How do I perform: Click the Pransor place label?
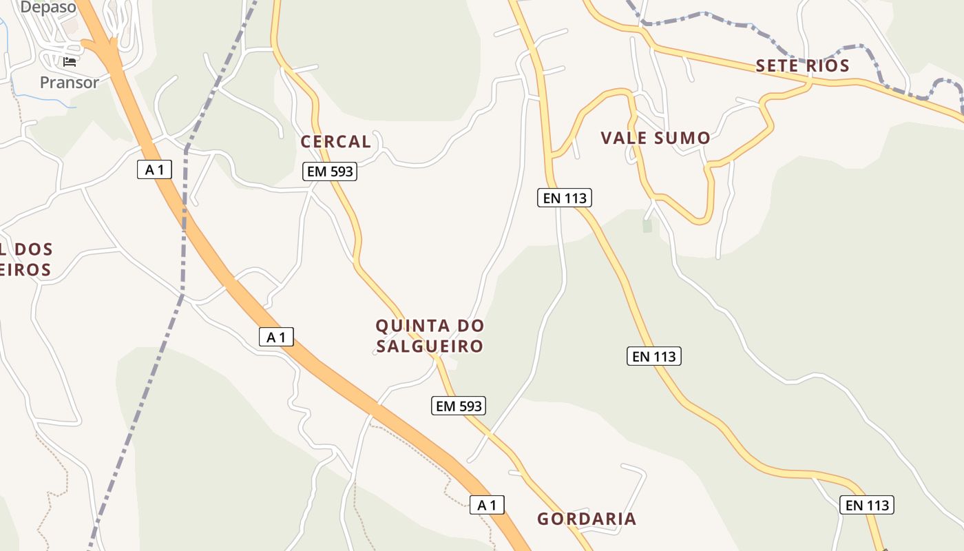69,83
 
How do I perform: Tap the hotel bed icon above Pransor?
70,62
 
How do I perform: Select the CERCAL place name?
336,142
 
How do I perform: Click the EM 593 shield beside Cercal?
330,171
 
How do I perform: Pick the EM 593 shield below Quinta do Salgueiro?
459,406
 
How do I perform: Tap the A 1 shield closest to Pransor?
154,169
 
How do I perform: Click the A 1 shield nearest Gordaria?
487,505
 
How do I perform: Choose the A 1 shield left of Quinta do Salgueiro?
276,337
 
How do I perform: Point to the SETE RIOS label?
802,66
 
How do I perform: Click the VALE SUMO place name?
655,138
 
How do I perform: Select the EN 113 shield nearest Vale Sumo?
565,198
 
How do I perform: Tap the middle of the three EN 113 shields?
654,356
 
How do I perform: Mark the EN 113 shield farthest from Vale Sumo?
868,505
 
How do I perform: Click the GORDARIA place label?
587,519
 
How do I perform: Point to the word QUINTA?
411,325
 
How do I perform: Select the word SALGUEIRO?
430,346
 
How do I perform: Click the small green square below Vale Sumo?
647,225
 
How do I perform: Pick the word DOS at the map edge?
33,249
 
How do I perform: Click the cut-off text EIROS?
25,269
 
